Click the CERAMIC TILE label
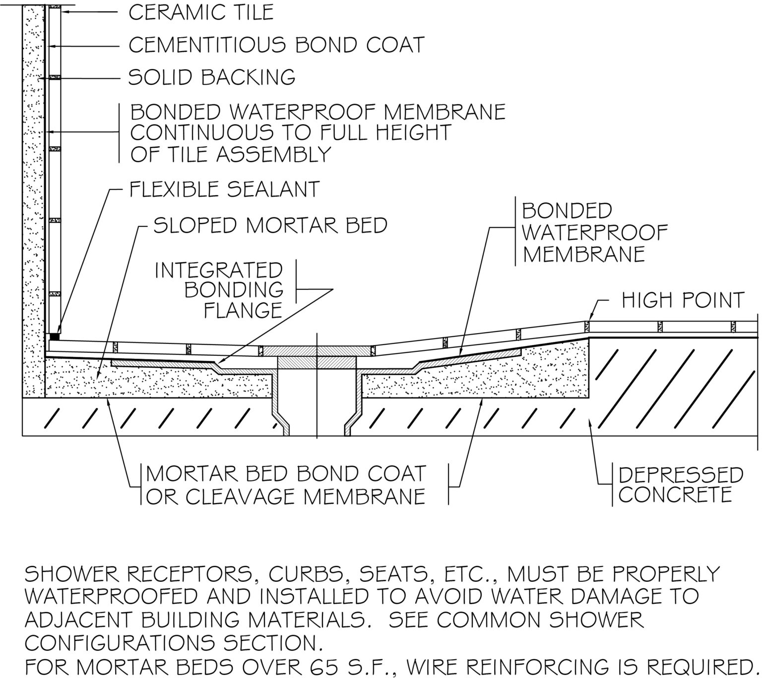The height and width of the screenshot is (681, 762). [200, 12]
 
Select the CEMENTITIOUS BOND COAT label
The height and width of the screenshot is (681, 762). [276, 45]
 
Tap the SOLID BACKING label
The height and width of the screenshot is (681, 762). [212, 77]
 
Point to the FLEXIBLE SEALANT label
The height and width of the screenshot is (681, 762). [224, 189]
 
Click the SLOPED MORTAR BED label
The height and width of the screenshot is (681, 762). [270, 226]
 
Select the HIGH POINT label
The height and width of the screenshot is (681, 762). [683, 300]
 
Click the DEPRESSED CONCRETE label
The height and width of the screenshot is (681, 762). [680, 485]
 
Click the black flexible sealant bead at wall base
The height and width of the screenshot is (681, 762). [54, 336]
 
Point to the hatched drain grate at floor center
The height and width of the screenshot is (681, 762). [317, 350]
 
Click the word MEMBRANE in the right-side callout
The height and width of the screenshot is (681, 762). [583, 254]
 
